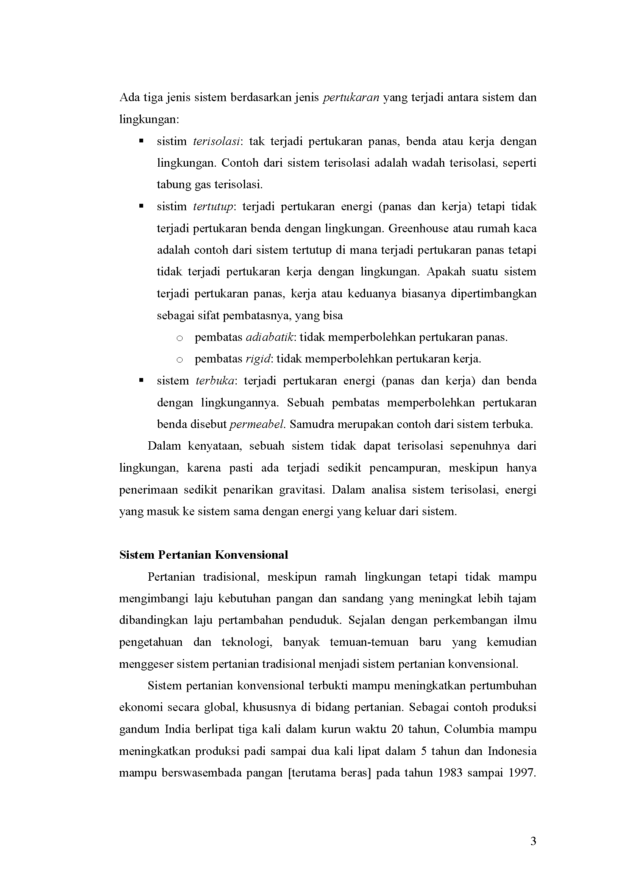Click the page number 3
(533, 841)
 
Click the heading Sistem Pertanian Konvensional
(203, 555)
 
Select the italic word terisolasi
(217, 141)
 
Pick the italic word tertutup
(213, 207)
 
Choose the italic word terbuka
(215, 381)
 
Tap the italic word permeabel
(257, 425)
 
